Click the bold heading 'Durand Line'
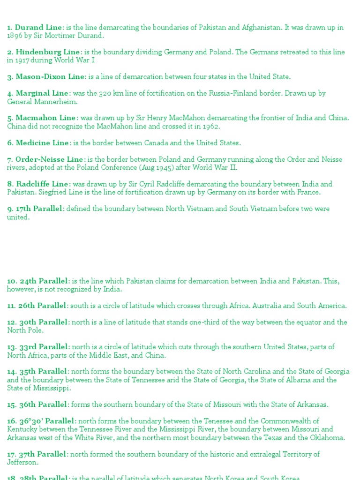click(x=38, y=27)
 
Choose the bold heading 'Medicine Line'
click(x=43, y=143)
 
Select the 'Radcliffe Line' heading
click(x=43, y=184)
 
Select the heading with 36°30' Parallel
click(x=47, y=421)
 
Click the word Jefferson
click(x=23, y=463)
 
